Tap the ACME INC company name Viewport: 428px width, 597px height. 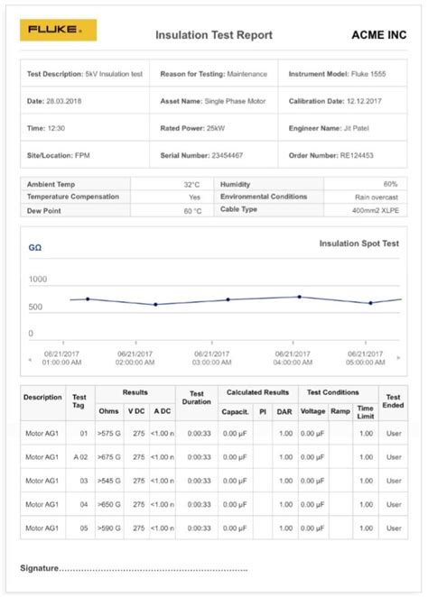378,35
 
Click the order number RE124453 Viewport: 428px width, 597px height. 358,156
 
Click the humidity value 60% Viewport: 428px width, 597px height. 390,184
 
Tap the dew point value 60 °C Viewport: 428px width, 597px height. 192,210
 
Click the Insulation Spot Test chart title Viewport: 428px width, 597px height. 358,243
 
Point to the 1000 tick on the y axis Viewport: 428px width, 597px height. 38,280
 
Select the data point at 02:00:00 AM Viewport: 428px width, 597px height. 155,304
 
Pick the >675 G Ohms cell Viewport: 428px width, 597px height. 107,458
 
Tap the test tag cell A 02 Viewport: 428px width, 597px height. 79,458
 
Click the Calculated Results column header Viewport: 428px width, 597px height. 257,392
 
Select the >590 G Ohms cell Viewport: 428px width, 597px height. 107,528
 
